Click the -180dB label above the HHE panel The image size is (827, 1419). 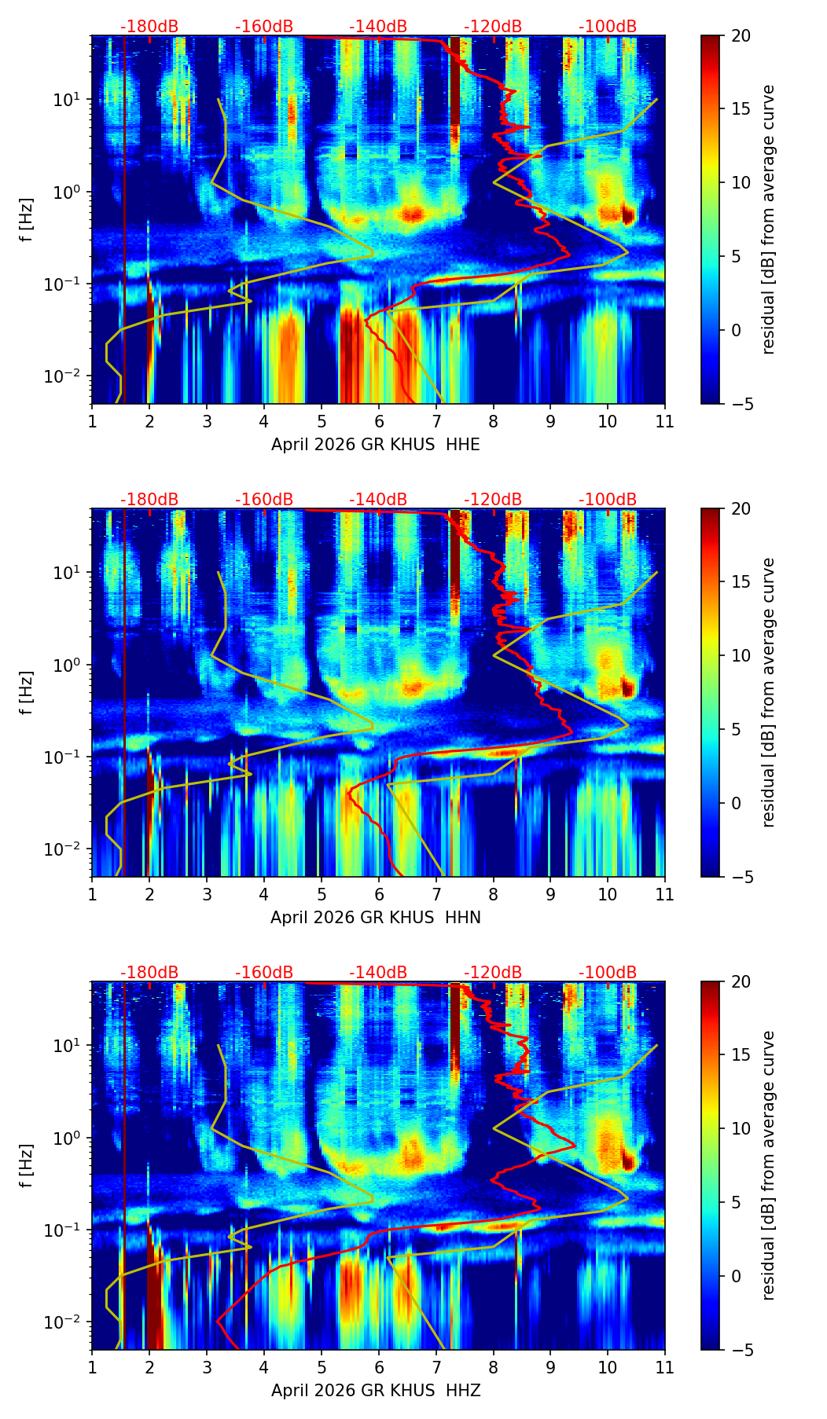[149, 27]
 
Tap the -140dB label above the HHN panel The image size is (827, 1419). [378, 500]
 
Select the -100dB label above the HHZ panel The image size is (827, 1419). [608, 973]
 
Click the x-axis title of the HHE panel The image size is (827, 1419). [376, 445]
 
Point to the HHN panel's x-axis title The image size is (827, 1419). [376, 918]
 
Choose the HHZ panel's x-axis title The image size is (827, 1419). [376, 1391]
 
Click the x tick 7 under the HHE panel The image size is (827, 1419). [436, 421]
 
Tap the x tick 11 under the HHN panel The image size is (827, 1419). [664, 894]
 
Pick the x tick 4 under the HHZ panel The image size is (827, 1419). [264, 1367]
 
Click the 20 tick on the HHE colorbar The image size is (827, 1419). [740, 35]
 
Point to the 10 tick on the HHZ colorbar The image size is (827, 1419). [740, 1128]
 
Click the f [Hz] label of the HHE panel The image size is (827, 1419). [27, 219]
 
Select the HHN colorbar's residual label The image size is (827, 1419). [768, 692]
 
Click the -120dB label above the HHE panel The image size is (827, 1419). [493, 27]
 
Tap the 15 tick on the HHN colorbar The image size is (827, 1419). [740, 581]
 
